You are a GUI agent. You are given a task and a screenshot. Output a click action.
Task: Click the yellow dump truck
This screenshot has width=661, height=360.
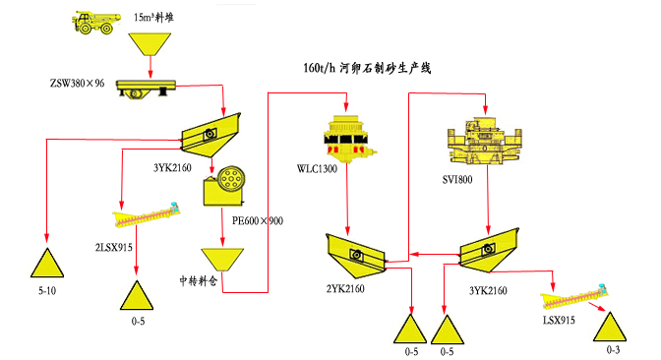[x=96, y=23]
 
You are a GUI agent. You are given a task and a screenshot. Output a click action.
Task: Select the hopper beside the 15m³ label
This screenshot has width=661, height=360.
[x=150, y=44]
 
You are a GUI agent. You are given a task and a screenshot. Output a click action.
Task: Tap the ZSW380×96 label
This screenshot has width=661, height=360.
[x=77, y=83]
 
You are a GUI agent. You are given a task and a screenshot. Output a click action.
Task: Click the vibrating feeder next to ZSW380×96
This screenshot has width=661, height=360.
[x=146, y=89]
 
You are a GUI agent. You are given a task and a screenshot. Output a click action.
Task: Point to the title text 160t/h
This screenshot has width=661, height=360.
[x=319, y=68]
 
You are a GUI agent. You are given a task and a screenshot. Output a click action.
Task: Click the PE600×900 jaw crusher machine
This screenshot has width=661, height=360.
[x=224, y=186]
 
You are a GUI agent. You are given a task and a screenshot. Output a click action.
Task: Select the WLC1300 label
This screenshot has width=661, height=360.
[x=317, y=169]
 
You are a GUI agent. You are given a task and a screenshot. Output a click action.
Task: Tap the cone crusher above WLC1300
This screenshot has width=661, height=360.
[x=348, y=139]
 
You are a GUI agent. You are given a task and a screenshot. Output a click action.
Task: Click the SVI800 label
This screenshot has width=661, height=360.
[x=457, y=180]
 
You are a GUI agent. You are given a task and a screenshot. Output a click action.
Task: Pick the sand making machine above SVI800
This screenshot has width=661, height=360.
[x=484, y=141]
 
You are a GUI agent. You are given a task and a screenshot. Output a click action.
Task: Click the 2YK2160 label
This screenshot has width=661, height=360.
[x=345, y=289]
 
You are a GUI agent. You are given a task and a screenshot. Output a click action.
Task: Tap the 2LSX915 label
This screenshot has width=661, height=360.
[x=114, y=248]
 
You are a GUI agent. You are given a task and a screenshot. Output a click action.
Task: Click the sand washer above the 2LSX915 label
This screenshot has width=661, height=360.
[x=147, y=215]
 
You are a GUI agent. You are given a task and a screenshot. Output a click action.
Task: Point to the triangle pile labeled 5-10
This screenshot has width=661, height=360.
[x=47, y=263]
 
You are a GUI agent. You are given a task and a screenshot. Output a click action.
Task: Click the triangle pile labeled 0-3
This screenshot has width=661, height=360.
[x=610, y=327]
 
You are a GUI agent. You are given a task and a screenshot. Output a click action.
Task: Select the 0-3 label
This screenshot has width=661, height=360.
[x=613, y=349]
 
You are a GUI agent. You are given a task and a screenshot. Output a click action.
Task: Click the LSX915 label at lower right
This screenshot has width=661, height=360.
[x=559, y=321]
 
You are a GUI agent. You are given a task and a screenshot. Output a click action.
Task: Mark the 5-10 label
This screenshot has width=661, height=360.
[x=47, y=290]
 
